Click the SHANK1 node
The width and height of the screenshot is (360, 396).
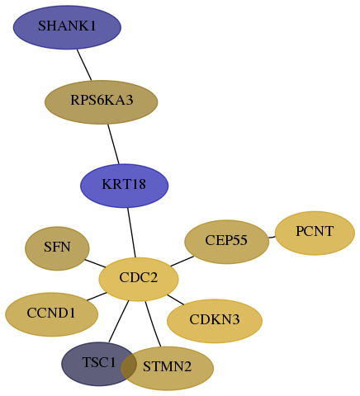coord(67,27)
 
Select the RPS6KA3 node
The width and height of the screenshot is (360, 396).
coord(102,102)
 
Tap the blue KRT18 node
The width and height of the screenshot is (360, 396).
coord(124,186)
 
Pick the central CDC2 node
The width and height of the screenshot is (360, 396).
coord(139,279)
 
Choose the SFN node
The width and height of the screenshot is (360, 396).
coord(57,248)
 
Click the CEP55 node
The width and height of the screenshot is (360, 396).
coord(226,242)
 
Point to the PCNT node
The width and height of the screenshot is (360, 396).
coord(315,233)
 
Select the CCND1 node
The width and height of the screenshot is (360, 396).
coord(51,314)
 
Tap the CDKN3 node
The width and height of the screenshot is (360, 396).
coord(215,321)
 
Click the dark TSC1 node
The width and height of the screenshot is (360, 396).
coord(99,364)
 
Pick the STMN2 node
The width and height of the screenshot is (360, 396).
coord(167,368)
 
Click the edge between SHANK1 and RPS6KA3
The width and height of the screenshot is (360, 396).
coord(84,65)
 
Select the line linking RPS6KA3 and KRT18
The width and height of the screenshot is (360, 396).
coord(113,144)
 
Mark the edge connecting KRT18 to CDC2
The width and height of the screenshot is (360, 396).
coord(131,233)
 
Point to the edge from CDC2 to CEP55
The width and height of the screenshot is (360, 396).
coord(182,262)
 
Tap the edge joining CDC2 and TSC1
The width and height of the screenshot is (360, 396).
coord(119,322)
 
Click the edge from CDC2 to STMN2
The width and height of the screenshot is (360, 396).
coord(153,324)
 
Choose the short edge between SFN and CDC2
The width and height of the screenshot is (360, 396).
coord(95,263)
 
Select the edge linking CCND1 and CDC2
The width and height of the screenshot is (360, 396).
coord(97,296)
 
